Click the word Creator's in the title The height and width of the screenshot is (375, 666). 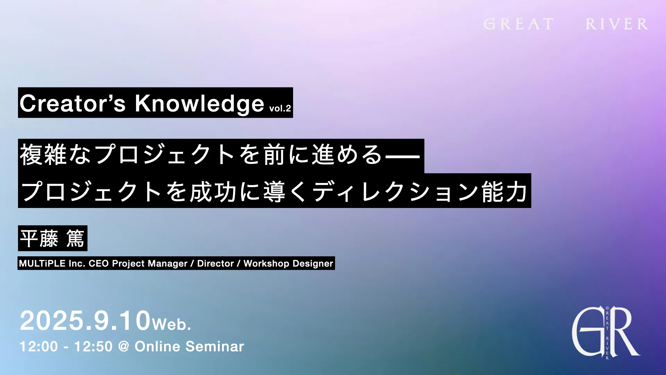click(x=72, y=103)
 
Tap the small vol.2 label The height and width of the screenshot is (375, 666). click(x=280, y=108)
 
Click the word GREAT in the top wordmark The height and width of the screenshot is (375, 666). click(x=518, y=24)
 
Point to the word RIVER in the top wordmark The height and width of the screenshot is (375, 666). click(x=617, y=24)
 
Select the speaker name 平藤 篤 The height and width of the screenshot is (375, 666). click(x=52, y=239)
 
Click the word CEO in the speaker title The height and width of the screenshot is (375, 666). click(x=99, y=263)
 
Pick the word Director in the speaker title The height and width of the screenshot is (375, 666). click(x=215, y=263)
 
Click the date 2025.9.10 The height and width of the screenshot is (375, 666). click(x=85, y=320)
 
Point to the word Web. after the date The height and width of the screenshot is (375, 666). click(x=171, y=324)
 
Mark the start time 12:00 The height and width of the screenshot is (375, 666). click(x=39, y=347)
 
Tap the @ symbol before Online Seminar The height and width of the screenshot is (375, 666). click(x=123, y=347)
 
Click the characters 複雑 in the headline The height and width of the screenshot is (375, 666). click(x=43, y=155)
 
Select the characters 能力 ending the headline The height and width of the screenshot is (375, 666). click(x=505, y=192)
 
